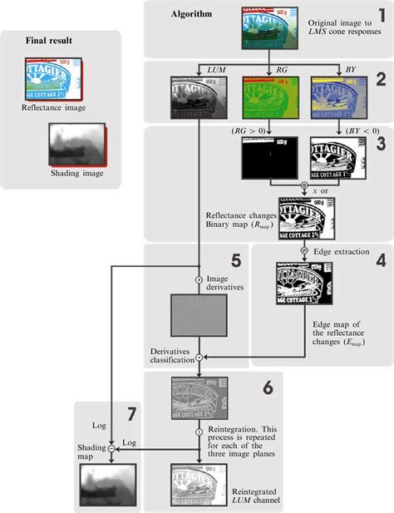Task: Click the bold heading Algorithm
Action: pyautogui.click(x=190, y=14)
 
